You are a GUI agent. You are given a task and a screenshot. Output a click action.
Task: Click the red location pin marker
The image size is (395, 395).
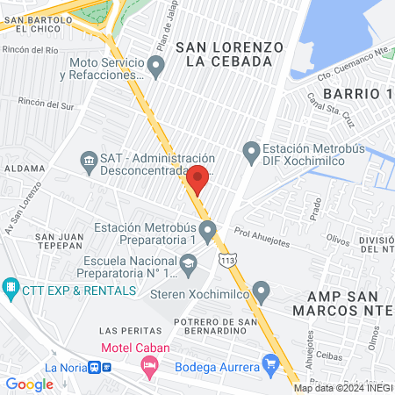tap(197, 178)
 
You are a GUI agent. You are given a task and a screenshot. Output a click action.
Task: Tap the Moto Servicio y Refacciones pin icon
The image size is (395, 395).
tap(156, 64)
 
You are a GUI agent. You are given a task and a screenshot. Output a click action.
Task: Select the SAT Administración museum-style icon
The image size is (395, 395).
tap(89, 159)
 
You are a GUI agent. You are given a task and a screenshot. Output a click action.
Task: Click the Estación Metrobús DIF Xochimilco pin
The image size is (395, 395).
tap(252, 152)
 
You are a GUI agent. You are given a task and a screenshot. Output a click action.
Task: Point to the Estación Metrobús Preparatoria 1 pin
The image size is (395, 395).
tap(208, 233)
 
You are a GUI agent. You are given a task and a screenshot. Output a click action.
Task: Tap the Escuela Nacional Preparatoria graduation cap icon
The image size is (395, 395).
tap(187, 262)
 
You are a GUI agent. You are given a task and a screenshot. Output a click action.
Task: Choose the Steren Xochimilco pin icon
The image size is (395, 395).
tap(261, 291)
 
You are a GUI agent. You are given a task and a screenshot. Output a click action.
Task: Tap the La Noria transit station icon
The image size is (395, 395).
tap(93, 368)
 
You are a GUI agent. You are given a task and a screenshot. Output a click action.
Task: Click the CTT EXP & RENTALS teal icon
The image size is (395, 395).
tap(10, 287)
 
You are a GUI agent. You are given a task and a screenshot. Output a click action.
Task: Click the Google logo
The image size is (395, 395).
tap(29, 384)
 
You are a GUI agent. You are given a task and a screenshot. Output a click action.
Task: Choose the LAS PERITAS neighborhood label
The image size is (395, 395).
tap(131, 331)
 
